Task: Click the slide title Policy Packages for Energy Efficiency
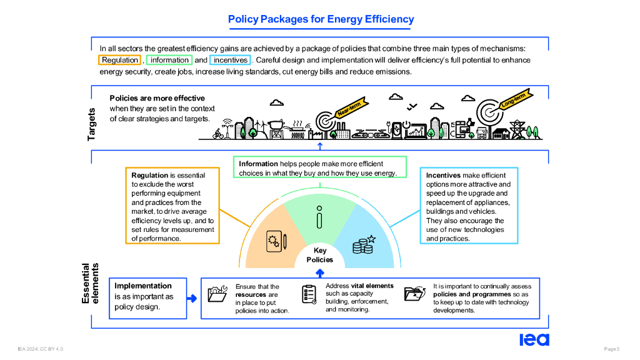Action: [321, 19]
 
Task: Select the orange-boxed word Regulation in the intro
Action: [120, 60]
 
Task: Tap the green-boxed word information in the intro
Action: [169, 60]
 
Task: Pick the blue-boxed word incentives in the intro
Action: [231, 60]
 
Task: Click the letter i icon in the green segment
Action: [319, 219]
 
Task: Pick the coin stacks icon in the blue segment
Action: [363, 244]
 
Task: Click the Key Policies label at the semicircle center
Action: [320, 255]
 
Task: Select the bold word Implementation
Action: [143, 286]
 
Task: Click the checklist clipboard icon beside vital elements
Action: [309, 294]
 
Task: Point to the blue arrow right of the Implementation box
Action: [192, 298]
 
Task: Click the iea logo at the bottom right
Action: [534, 339]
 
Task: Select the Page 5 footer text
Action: [611, 348]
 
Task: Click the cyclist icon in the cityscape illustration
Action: [218, 133]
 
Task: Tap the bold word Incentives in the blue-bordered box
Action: [443, 176]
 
